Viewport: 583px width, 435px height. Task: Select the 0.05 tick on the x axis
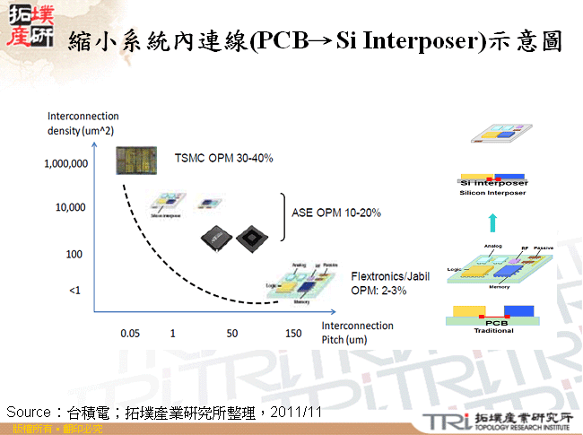pos(130,333)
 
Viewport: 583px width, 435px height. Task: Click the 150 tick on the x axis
pos(293,333)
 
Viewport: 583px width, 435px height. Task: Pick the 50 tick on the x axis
pos(231,333)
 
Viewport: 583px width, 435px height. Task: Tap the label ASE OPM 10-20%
pos(337,213)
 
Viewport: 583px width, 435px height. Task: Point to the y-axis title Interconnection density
pos(83,124)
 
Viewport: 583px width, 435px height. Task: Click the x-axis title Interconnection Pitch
pos(357,332)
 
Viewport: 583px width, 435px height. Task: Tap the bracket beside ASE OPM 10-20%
pos(283,215)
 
